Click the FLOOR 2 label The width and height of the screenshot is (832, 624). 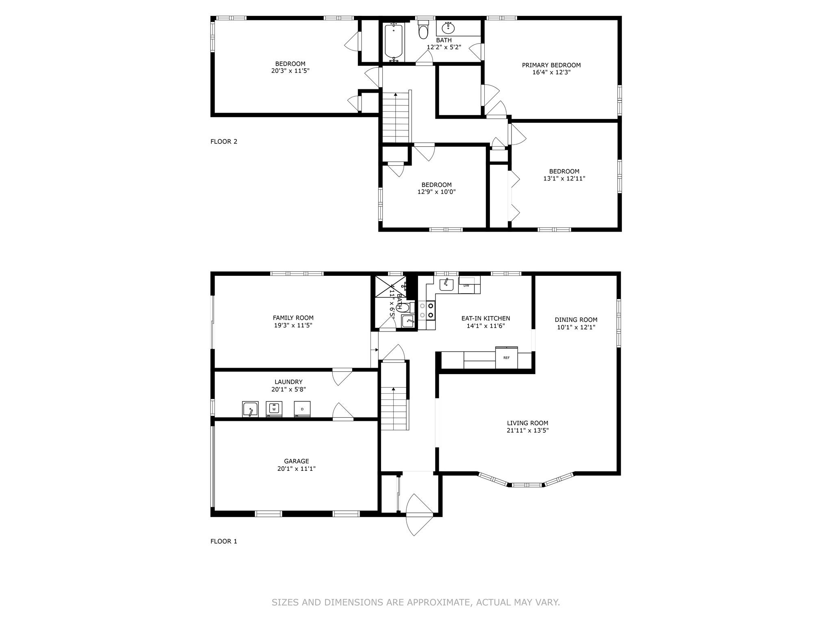tap(224, 141)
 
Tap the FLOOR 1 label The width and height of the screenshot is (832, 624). tap(224, 541)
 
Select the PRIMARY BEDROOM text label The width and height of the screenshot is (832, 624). tap(551, 65)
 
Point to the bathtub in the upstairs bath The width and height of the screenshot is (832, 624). tap(394, 42)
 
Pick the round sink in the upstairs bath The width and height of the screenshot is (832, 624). tap(448, 28)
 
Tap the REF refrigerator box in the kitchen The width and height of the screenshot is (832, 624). tap(507, 357)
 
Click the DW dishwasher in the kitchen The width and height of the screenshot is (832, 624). tap(467, 285)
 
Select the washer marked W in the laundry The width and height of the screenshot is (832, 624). tap(274, 409)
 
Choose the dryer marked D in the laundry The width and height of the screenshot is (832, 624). tap(302, 409)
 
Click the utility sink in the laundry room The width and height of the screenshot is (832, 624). tap(250, 409)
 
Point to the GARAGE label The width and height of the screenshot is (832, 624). tap(297, 461)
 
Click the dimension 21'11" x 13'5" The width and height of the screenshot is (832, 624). tap(528, 430)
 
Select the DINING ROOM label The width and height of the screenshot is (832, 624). tap(576, 320)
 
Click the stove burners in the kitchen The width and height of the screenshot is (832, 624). tap(427, 310)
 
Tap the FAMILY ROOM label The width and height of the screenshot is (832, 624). tap(293, 318)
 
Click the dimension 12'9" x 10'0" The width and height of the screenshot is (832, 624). tap(437, 192)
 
